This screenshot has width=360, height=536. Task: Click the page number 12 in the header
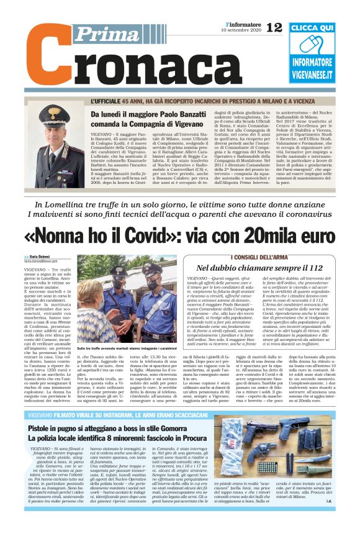coord(274,27)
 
